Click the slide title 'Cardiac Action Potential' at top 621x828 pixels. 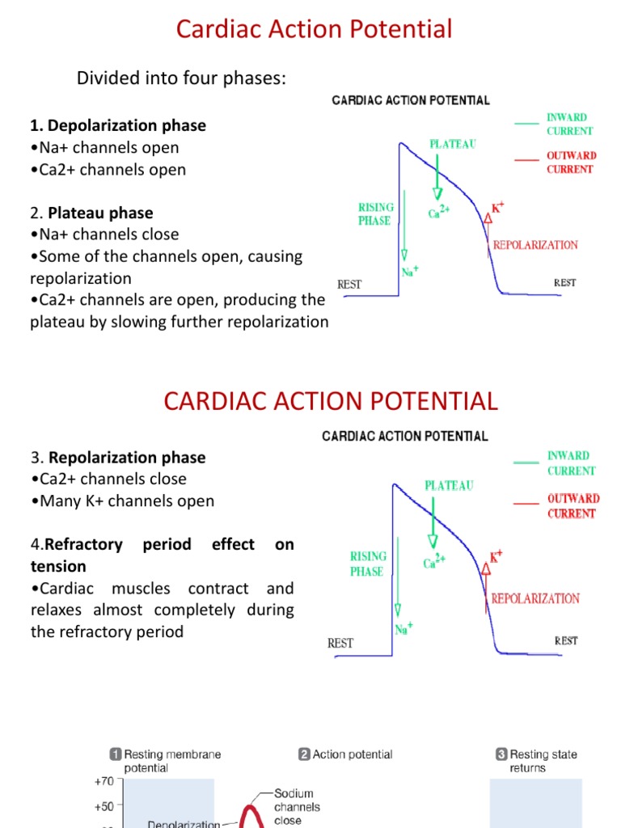[x=315, y=30]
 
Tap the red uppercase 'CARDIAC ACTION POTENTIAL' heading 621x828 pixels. [x=331, y=400]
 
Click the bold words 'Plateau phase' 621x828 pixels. [x=100, y=213]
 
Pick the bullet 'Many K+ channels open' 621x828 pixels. [x=122, y=501]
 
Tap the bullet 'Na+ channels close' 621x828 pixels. [x=104, y=234]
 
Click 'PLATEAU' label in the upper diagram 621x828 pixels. [x=452, y=144]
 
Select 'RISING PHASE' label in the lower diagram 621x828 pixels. [x=367, y=564]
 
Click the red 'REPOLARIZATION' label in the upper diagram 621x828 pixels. [x=535, y=244]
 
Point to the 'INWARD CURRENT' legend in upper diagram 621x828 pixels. [x=570, y=124]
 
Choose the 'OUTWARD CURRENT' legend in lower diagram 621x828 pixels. [x=572, y=506]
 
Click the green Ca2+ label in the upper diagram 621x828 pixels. [x=439, y=213]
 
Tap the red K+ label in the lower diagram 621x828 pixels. [x=496, y=556]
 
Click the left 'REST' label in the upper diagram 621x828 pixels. [x=349, y=285]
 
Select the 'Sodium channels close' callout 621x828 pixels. [x=297, y=807]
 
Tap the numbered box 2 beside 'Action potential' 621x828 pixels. [x=304, y=754]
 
